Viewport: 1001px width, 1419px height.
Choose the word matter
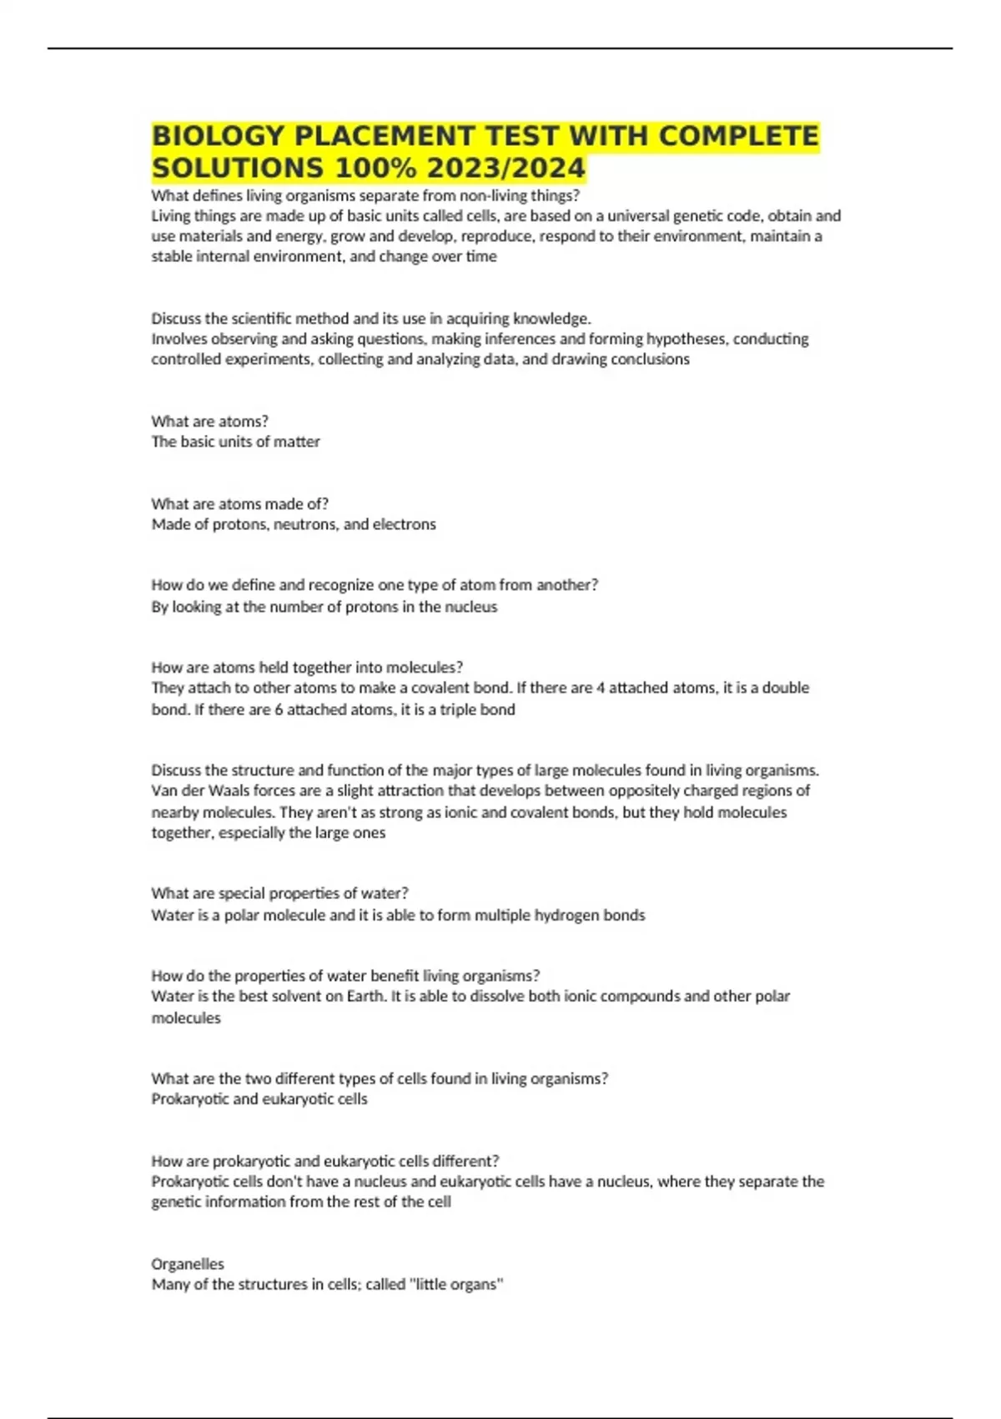point(295,442)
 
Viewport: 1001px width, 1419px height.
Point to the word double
point(785,688)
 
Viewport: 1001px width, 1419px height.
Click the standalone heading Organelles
point(188,1264)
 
